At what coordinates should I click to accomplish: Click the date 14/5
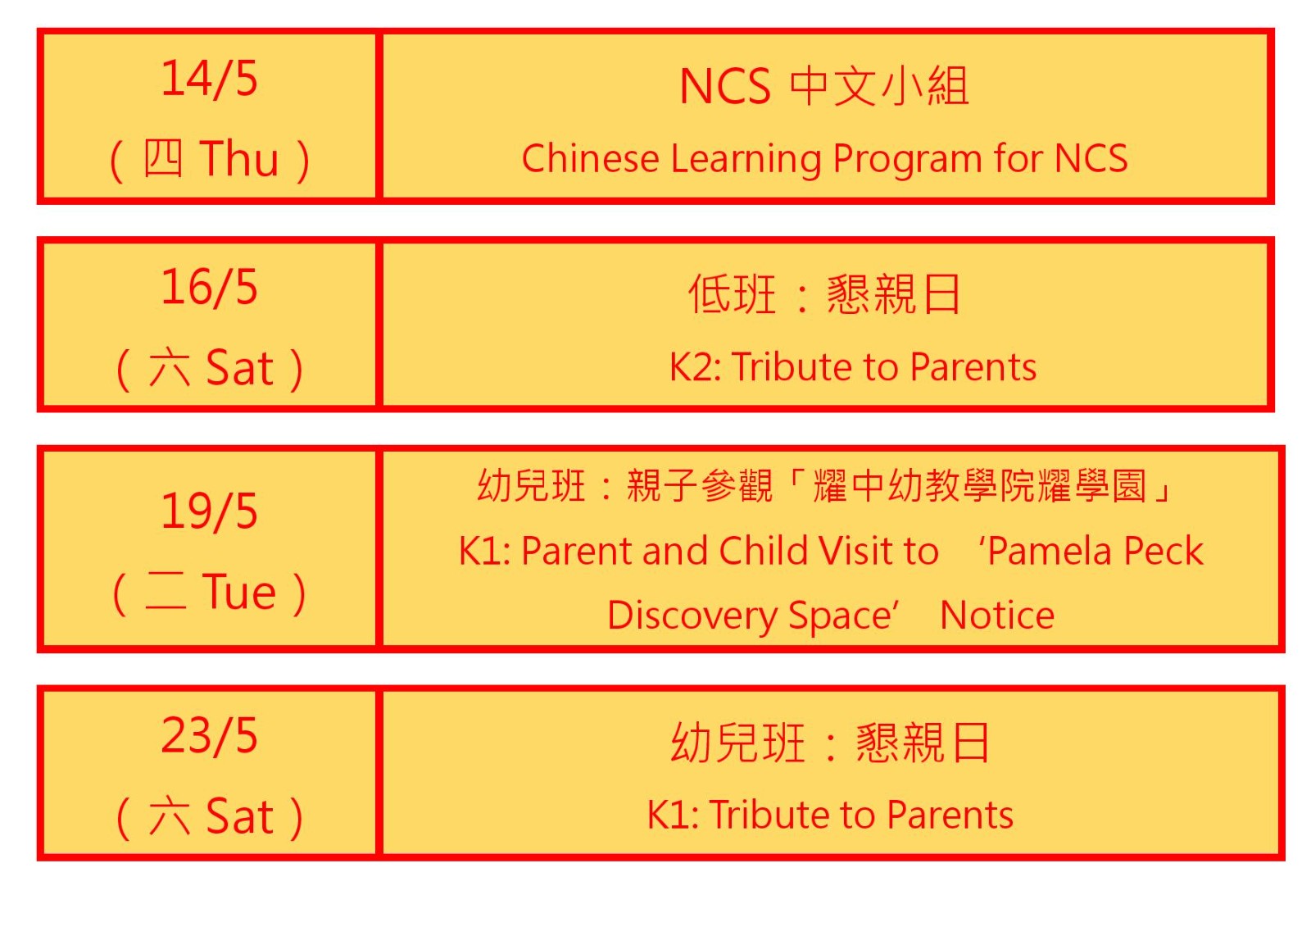[209, 79]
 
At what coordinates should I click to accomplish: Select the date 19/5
[209, 511]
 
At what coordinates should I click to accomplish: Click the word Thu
[239, 158]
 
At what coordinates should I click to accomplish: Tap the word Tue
[238, 592]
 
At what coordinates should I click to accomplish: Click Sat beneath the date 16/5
[240, 368]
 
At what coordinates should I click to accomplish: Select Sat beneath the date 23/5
[240, 816]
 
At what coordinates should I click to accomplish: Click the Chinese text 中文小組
[879, 86]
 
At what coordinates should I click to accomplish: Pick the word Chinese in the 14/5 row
[590, 158]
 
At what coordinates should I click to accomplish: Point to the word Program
[906, 159]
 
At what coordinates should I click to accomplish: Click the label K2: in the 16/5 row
[695, 367]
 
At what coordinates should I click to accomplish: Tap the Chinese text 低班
[733, 294]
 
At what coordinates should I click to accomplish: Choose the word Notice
[997, 616]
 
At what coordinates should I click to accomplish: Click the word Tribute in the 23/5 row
[769, 815]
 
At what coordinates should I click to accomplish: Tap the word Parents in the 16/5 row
[973, 367]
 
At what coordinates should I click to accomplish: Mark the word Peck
[1164, 551]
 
